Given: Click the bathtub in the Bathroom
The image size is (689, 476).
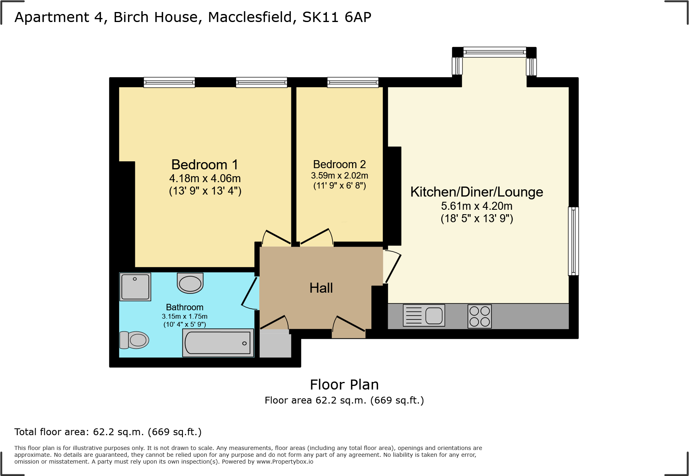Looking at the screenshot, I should pos(218,343).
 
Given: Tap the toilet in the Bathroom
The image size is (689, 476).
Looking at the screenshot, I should pos(134,340).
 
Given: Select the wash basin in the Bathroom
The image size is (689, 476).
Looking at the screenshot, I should pos(190,283).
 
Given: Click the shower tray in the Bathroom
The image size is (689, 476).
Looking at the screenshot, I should pos(135,287).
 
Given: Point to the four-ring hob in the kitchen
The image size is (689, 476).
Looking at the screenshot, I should pos(479,316).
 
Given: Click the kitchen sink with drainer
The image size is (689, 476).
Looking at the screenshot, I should pos(424,315).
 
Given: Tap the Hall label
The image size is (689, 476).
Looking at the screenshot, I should pos(321,288).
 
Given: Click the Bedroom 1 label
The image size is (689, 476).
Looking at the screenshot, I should pos(204,165).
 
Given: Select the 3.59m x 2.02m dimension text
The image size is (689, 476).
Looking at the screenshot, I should pos(339,176).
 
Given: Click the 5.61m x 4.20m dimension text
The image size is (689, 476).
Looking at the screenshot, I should pos(477,206).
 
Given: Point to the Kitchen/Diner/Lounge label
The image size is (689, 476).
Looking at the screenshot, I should pos(477,192).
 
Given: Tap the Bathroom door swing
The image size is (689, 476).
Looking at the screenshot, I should pos(250,294).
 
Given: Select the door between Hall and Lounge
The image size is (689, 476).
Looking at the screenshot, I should pos(391,266).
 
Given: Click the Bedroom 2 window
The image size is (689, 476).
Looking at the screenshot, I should pos(353,82).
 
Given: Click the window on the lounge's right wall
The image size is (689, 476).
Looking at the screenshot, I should pos(573,241).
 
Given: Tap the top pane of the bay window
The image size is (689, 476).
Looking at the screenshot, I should pos(495,52).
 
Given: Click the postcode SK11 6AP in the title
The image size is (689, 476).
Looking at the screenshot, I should pos(336,17).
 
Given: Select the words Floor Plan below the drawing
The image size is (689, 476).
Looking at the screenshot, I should pos(344,385).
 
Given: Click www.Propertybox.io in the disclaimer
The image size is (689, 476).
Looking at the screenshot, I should pos(284,462).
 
